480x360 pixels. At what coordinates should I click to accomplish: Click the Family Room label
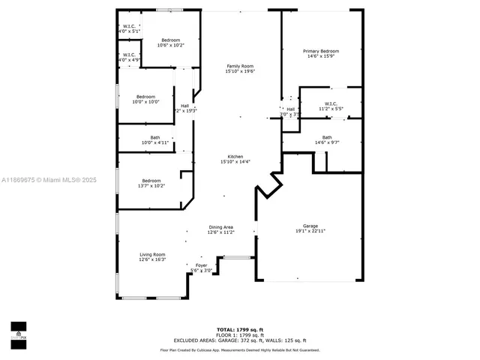click(240, 66)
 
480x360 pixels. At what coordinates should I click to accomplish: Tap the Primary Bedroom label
click(321, 51)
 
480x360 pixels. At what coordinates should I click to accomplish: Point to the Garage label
click(310, 226)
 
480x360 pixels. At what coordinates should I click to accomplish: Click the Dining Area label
click(220, 226)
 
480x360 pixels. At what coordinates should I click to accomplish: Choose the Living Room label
click(152, 254)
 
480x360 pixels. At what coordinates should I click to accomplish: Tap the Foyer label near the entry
click(201, 265)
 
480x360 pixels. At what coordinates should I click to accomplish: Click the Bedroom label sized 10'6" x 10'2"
click(170, 40)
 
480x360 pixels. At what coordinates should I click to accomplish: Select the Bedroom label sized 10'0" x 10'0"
click(145, 97)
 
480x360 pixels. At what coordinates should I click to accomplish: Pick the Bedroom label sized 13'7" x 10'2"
click(151, 180)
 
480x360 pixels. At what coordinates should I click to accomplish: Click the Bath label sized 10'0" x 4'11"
click(155, 137)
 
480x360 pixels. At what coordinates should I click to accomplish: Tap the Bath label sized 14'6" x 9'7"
click(327, 137)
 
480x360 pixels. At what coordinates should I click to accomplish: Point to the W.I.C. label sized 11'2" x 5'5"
click(331, 103)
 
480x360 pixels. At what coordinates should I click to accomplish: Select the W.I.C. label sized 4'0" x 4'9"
click(129, 54)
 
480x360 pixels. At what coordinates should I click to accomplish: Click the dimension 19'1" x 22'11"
click(310, 231)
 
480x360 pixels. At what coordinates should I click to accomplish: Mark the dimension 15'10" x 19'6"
click(240, 71)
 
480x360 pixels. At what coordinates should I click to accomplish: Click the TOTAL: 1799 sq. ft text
click(240, 329)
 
